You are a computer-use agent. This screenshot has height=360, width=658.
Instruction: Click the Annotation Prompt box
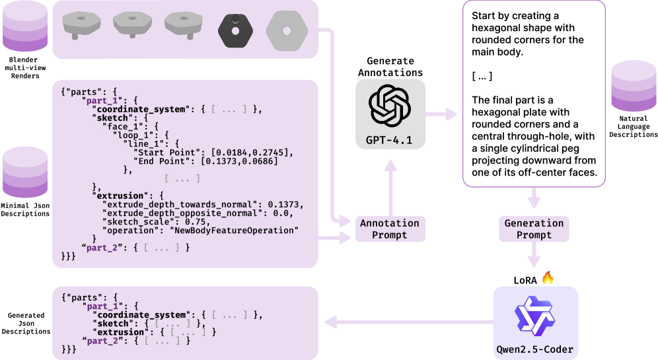pyautogui.click(x=390, y=229)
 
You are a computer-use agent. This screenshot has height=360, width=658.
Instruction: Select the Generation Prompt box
pyautogui.click(x=534, y=229)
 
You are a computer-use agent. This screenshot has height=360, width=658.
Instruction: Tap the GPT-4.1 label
pyautogui.click(x=389, y=139)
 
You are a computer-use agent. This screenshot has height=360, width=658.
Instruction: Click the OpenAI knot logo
pyautogui.click(x=389, y=106)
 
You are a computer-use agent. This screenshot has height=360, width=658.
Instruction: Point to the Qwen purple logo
pyautogui.click(x=535, y=313)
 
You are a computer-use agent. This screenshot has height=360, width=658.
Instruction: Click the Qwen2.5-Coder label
pyautogui.click(x=536, y=349)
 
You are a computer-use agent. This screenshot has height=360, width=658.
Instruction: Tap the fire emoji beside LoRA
pyautogui.click(x=548, y=278)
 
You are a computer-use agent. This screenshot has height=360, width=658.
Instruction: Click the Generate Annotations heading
pyautogui.click(x=390, y=66)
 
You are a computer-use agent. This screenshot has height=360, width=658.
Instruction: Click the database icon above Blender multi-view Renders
pyautogui.click(x=22, y=26)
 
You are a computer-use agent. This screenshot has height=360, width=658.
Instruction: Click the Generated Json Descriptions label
pyautogui.click(x=26, y=324)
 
